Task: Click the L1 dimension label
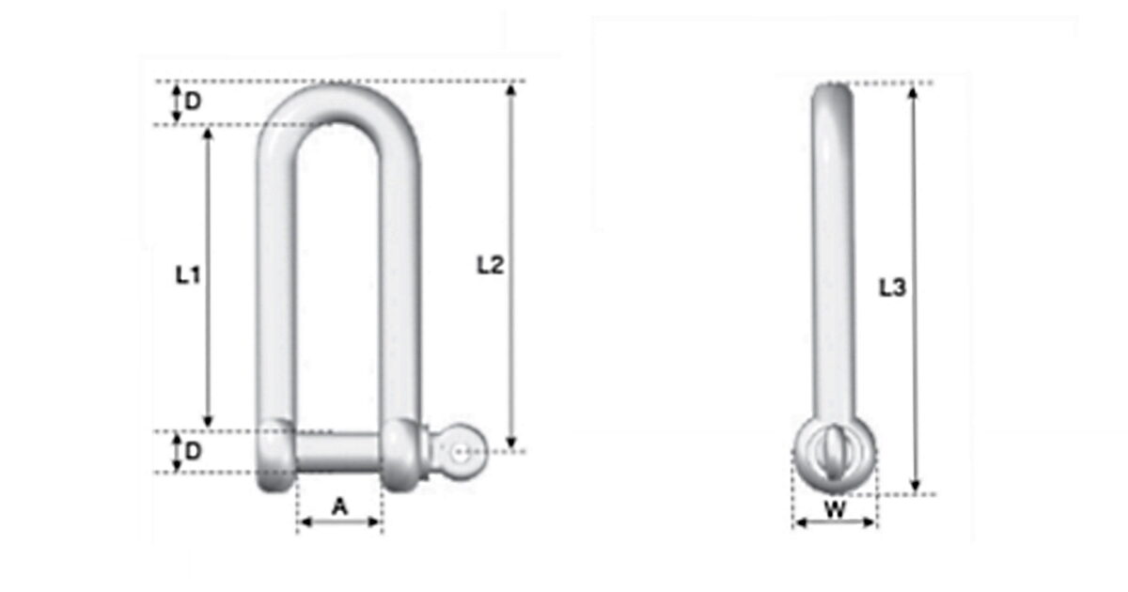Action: click(x=188, y=274)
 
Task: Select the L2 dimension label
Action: click(x=491, y=266)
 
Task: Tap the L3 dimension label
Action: click(x=892, y=289)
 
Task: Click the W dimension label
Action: click(x=834, y=510)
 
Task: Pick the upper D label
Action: click(x=192, y=102)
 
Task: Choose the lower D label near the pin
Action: click(x=192, y=451)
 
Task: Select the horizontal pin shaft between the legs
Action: click(x=338, y=452)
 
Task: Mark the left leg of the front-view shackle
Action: click(x=276, y=282)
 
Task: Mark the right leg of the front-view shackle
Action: click(x=399, y=282)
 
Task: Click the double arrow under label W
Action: click(x=834, y=523)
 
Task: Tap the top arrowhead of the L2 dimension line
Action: click(x=511, y=90)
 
